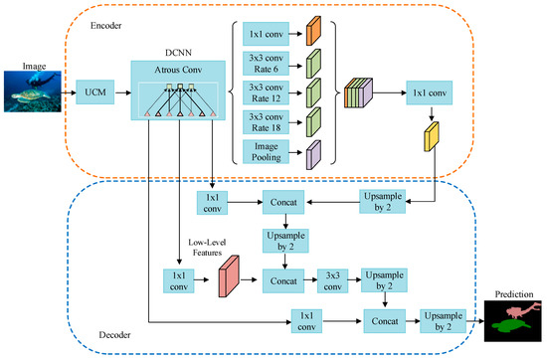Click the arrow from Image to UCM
click(x=70, y=96)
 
